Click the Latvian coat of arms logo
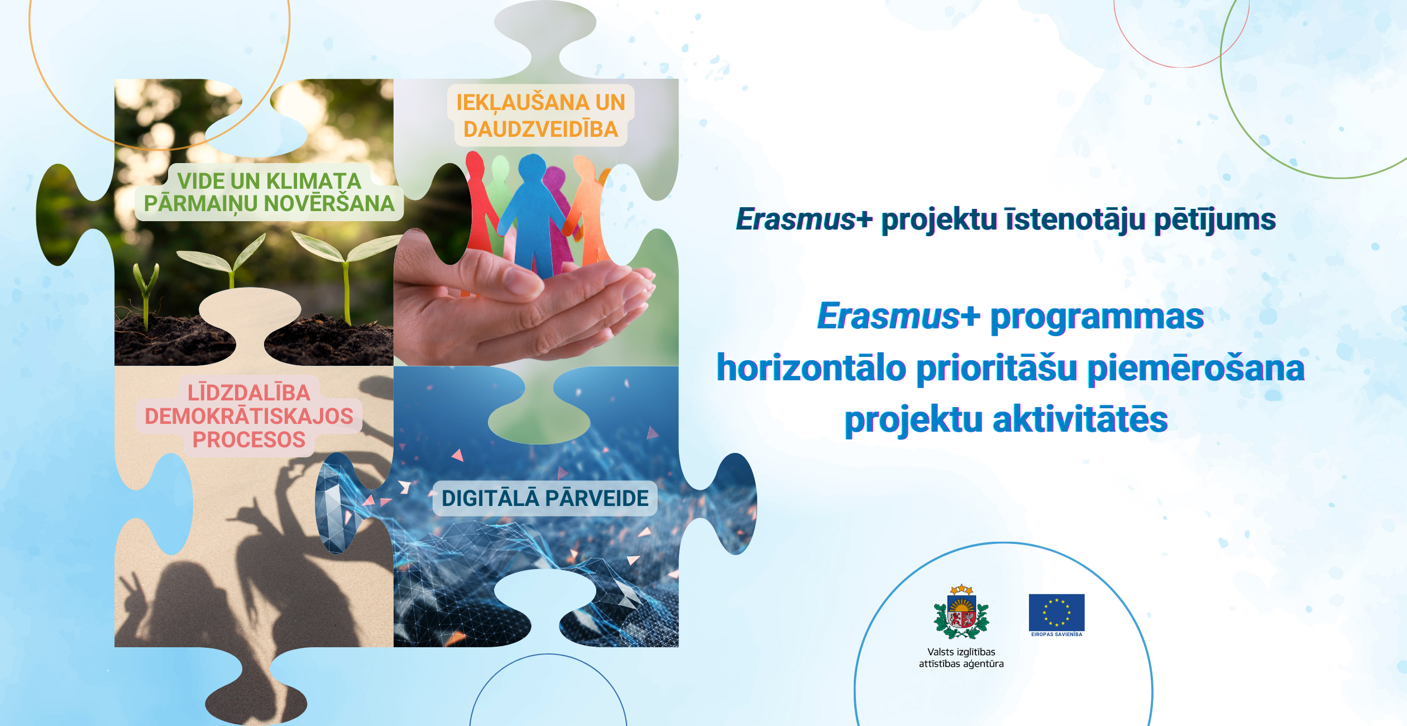click(961, 612)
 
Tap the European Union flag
click(1056, 612)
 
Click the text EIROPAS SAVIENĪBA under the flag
click(1056, 634)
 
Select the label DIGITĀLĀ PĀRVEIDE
click(545, 498)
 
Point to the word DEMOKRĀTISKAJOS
click(249, 416)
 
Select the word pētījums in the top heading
click(1215, 219)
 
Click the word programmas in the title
click(1097, 317)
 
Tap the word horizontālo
click(812, 368)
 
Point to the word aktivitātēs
click(1080, 419)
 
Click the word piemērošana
click(1196, 369)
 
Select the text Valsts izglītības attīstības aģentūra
click(961, 658)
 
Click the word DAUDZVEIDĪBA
click(541, 130)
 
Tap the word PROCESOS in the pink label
click(249, 440)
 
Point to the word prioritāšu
click(997, 369)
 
